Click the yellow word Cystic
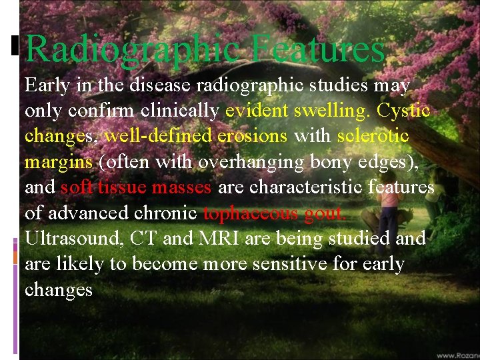click(x=404, y=111)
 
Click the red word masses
click(x=181, y=187)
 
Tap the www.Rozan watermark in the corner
click(x=459, y=355)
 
